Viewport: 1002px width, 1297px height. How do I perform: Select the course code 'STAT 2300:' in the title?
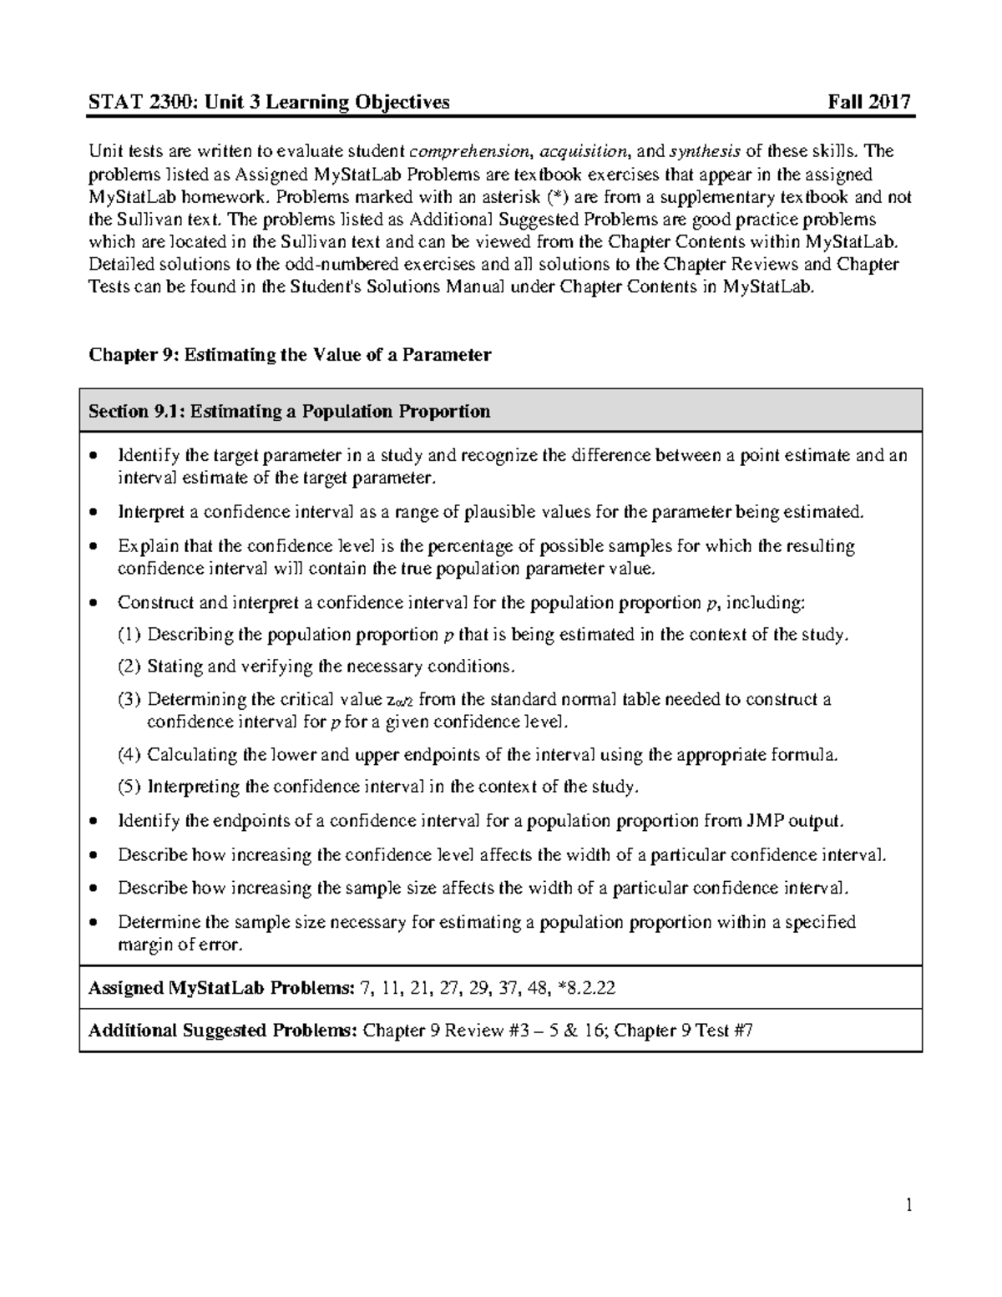pyautogui.click(x=128, y=102)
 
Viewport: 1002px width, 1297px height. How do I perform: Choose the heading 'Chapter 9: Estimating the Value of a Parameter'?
pyautogui.click(x=290, y=355)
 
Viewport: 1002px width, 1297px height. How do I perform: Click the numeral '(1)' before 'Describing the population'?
pyautogui.click(x=129, y=635)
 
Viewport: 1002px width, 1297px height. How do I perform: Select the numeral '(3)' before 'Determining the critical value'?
pyautogui.click(x=129, y=700)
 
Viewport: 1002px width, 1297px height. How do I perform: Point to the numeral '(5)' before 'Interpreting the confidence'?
pyautogui.click(x=129, y=787)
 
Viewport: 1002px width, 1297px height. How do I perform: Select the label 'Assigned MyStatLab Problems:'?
pyautogui.click(x=221, y=988)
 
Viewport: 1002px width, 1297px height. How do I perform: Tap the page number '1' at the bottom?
pyautogui.click(x=909, y=1205)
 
